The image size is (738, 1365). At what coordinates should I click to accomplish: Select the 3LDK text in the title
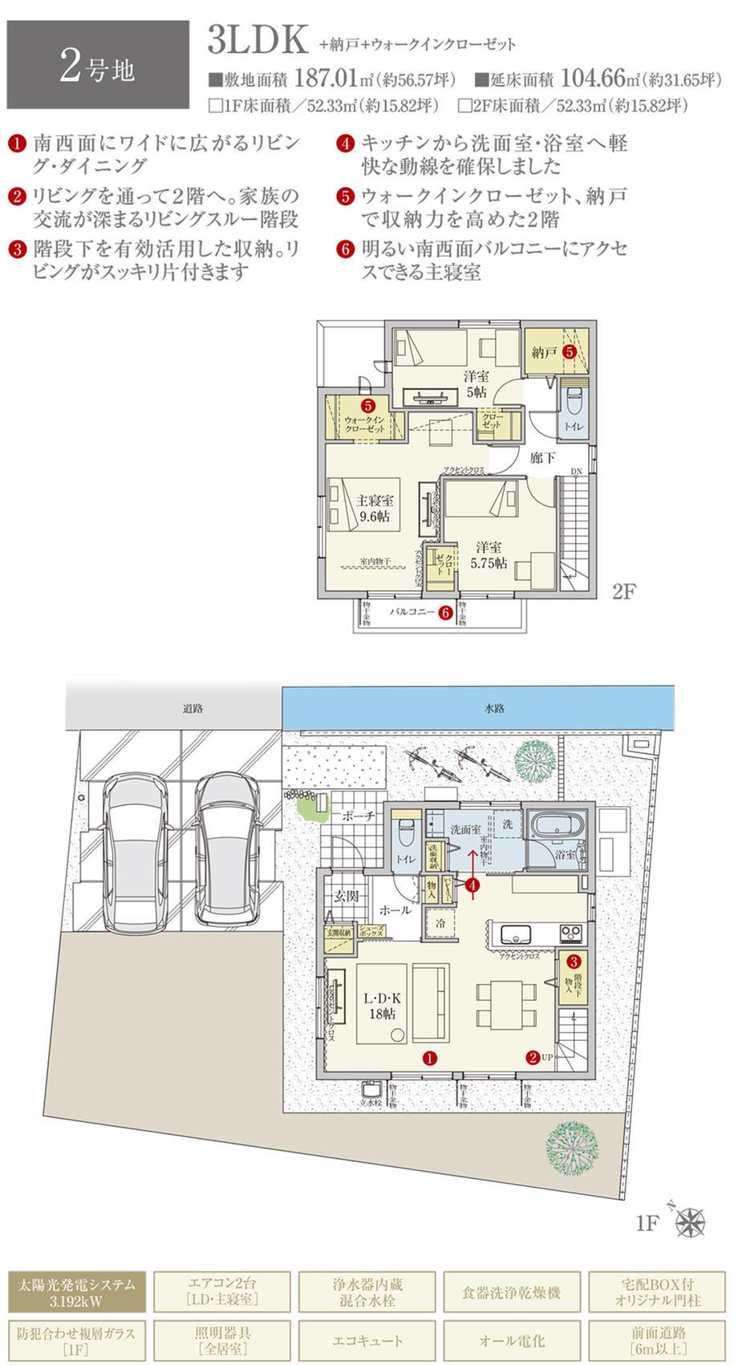(x=257, y=40)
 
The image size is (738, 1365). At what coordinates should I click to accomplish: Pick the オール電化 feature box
(x=512, y=1340)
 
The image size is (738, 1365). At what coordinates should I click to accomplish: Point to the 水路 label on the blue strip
(x=494, y=709)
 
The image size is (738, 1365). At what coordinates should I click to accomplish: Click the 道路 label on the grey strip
(x=193, y=709)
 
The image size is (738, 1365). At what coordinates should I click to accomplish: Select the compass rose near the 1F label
(x=690, y=1222)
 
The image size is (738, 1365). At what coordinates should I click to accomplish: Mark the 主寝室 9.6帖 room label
(x=374, y=508)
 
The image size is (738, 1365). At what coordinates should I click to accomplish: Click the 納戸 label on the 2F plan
(x=544, y=351)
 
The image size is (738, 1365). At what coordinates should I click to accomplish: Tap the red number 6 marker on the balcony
(x=447, y=613)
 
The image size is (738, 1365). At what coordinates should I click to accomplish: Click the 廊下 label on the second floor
(x=543, y=458)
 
